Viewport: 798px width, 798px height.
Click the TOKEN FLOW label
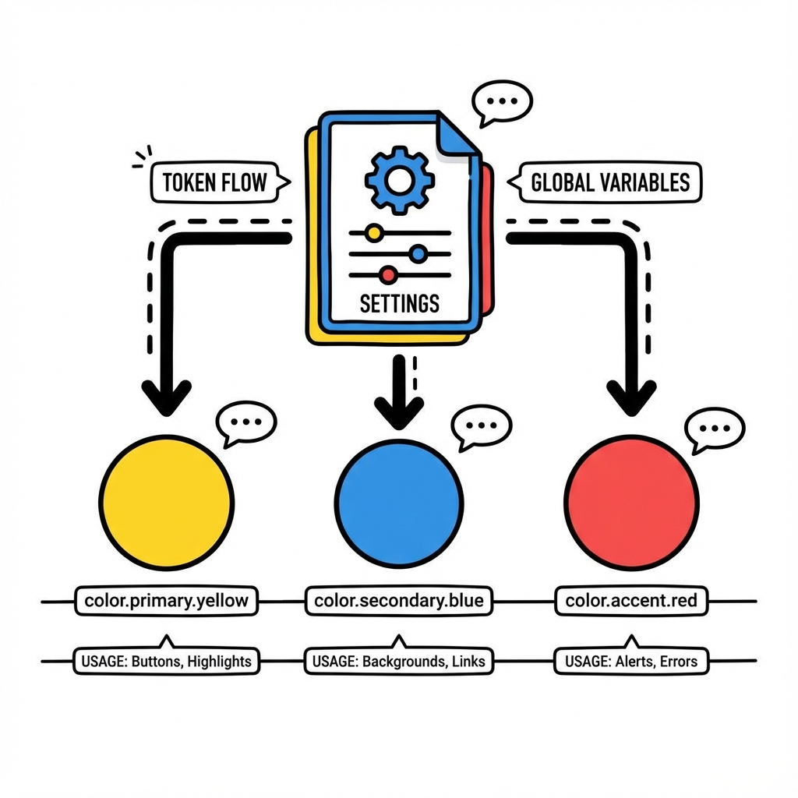(x=214, y=183)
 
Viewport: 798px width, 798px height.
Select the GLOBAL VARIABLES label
(x=609, y=182)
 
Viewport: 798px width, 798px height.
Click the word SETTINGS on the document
(x=399, y=302)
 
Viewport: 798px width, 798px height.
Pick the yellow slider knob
(x=374, y=232)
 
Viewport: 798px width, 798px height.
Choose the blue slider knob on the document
(x=418, y=253)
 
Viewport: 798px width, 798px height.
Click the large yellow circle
(x=168, y=502)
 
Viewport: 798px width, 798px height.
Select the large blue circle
(x=399, y=502)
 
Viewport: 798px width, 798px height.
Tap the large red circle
(x=631, y=502)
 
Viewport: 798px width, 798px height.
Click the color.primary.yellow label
(x=167, y=601)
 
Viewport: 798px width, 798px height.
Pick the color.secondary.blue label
(x=398, y=601)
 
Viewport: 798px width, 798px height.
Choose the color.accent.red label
(x=631, y=601)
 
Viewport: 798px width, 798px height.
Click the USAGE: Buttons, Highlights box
(x=167, y=662)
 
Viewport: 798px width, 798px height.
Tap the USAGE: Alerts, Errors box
(x=631, y=662)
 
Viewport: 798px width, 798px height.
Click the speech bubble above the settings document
(x=502, y=102)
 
